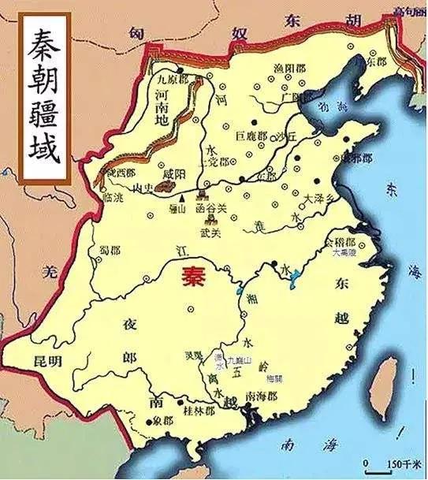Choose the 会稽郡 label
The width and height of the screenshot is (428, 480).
coord(341,244)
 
